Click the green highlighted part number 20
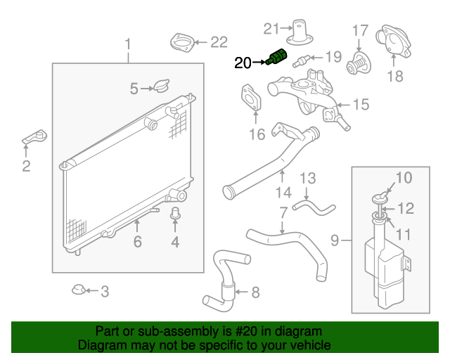[276, 56]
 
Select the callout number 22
[219, 43]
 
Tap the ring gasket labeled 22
[183, 42]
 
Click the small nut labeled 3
[80, 289]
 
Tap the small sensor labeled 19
[304, 58]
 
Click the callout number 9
[335, 241]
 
